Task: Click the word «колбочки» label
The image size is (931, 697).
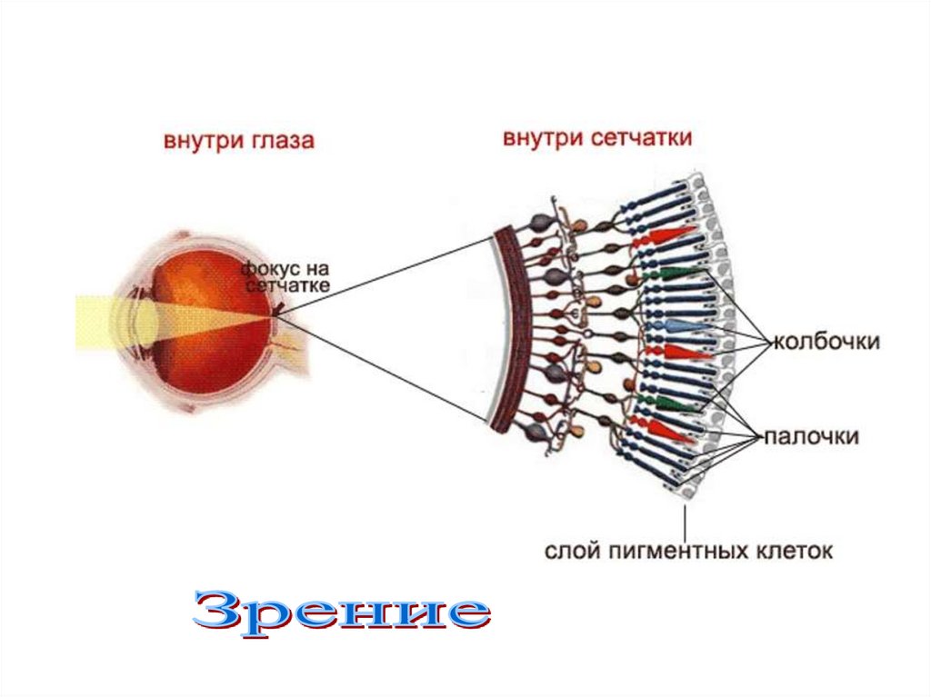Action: point(826,342)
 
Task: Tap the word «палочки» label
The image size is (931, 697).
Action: point(810,436)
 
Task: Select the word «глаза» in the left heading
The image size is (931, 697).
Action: point(284,141)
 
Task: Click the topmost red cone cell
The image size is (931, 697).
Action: point(668,238)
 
